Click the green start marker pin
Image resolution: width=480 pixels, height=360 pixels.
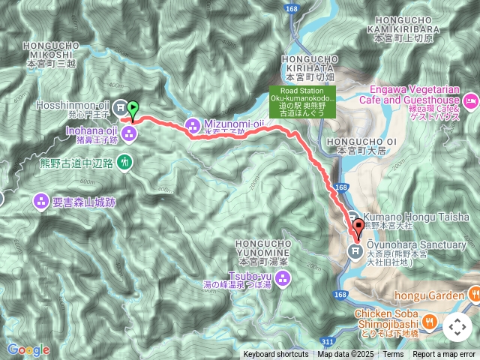tap(133, 109)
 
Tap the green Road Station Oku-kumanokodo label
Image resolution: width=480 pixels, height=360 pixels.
tap(303, 100)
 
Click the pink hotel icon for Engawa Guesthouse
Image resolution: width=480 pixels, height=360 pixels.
tap(471, 100)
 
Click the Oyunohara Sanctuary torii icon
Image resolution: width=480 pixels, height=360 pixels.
tap(355, 250)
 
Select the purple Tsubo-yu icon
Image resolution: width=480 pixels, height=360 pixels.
tap(283, 280)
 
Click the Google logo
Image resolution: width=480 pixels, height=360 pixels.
tap(28, 349)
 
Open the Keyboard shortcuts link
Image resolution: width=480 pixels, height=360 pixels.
tap(275, 355)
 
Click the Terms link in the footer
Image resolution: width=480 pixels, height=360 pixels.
tap(393, 355)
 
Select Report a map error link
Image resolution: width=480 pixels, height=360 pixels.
tap(444, 355)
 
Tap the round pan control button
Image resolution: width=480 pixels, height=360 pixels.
tap(457, 327)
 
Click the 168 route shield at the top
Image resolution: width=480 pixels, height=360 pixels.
tap(292, 8)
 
